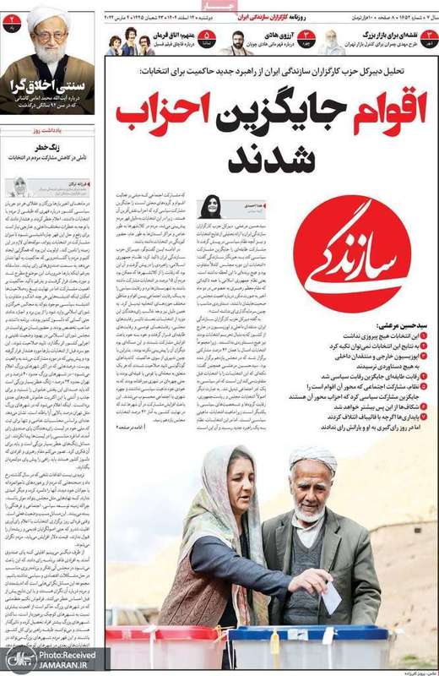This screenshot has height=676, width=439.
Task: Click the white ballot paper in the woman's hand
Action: [x=331, y=597]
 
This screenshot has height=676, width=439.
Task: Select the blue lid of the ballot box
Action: [x=279, y=634]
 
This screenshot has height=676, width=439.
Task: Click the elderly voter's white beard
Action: [x=310, y=510]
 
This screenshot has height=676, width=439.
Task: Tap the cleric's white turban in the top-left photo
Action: [x=49, y=14]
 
